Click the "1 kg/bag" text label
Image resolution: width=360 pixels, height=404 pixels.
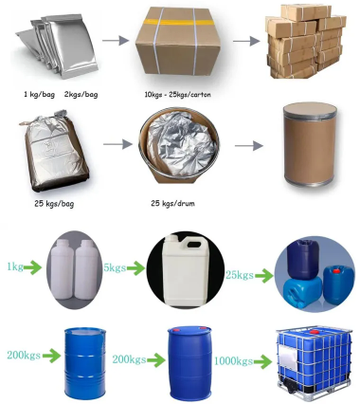[x=39, y=93]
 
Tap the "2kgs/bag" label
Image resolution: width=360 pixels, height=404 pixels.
[x=81, y=93]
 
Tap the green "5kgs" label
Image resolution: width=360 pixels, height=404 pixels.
[x=114, y=269]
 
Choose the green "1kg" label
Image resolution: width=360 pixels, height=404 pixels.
[x=15, y=269]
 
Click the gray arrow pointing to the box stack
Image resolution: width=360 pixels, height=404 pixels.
[x=243, y=41]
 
